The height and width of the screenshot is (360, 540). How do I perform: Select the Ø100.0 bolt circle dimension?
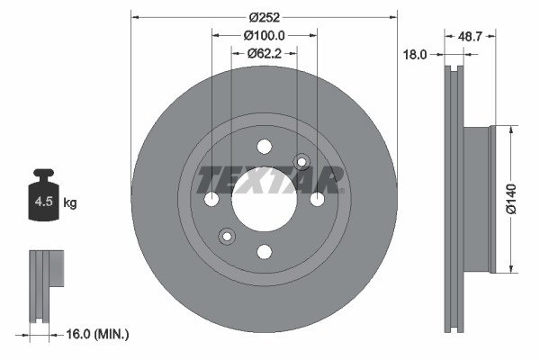point(264,35)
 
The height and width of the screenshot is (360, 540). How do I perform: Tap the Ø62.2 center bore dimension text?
point(264,53)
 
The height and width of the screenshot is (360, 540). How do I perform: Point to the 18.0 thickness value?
point(414,55)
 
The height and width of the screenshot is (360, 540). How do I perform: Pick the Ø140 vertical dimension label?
point(510,199)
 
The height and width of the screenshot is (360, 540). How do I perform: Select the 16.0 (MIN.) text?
point(99,334)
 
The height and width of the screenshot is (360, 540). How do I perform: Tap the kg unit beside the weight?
point(70,203)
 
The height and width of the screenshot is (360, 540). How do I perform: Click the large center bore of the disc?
point(264,199)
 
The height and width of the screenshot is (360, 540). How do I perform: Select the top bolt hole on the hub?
point(264,147)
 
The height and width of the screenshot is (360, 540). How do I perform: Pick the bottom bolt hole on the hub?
point(264,252)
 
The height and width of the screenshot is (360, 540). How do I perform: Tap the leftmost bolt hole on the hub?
point(211,199)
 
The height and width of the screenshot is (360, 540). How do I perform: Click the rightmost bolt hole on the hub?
point(317,199)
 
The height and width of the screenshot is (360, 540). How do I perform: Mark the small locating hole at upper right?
point(301,162)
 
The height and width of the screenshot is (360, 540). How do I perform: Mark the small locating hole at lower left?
point(226,237)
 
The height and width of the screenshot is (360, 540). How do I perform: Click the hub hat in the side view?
point(477,199)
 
